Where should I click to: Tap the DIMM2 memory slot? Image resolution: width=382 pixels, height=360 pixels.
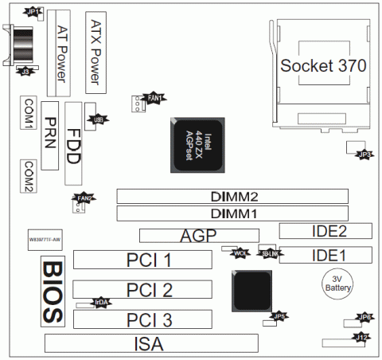(233, 195)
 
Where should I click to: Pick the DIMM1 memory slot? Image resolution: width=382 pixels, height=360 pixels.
(233, 213)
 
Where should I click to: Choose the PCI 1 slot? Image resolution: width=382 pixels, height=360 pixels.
(143, 260)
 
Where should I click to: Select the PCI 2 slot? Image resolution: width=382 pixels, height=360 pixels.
(143, 290)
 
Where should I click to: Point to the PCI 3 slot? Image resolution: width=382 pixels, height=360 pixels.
(143, 320)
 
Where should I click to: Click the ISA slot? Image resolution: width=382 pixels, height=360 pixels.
(151, 344)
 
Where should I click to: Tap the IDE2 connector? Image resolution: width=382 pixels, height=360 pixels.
(325, 232)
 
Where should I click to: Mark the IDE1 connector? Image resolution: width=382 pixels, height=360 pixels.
(325, 256)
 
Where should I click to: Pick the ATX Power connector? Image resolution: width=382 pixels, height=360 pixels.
(95, 51)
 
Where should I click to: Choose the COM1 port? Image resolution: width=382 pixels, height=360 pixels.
(29, 115)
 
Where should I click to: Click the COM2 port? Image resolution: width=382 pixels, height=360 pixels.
(29, 176)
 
